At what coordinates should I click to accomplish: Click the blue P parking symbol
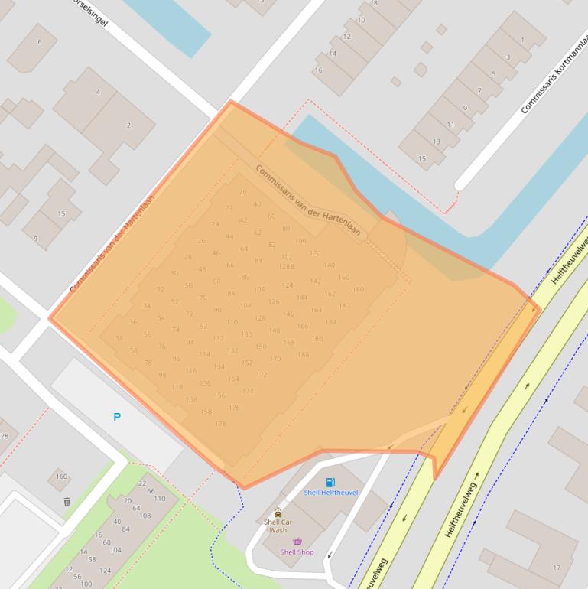coord(117,417)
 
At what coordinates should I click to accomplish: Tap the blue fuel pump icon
coord(330,482)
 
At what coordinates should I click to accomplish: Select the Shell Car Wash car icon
coord(278,513)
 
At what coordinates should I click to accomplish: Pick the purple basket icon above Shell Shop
coord(297,542)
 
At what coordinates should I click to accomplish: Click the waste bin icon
coord(67,503)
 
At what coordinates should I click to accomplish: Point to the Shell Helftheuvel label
coord(330,493)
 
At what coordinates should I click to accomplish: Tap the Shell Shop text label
coord(297,552)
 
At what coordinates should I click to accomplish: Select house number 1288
coord(286,267)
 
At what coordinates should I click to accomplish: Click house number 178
coord(220,424)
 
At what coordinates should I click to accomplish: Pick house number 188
coord(303,355)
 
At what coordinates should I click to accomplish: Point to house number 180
coord(358,290)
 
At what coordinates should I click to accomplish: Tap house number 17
coord(557,568)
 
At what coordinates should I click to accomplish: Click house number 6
coord(40,41)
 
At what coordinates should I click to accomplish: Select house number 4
coord(98,92)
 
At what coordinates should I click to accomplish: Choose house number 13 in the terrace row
coord(436,142)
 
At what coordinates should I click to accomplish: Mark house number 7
coord(479,91)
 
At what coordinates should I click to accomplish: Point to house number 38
coord(119,338)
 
